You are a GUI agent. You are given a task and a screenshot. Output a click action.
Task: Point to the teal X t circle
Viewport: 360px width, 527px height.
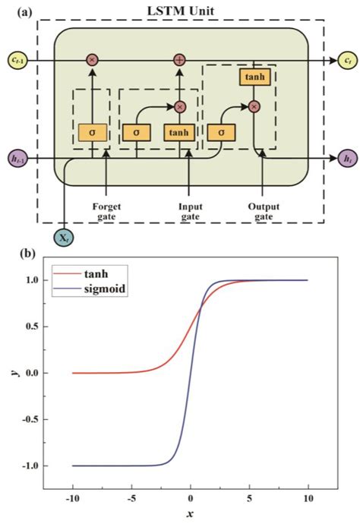[x=65, y=236]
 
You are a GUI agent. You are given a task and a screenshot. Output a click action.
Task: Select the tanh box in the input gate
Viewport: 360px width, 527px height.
[x=179, y=131]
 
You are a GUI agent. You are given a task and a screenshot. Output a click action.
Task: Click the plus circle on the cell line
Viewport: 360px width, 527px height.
[x=180, y=58]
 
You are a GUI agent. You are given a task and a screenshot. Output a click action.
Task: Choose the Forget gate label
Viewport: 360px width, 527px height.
[x=106, y=209]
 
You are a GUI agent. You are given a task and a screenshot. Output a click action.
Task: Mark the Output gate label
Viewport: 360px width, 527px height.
[x=262, y=209]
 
